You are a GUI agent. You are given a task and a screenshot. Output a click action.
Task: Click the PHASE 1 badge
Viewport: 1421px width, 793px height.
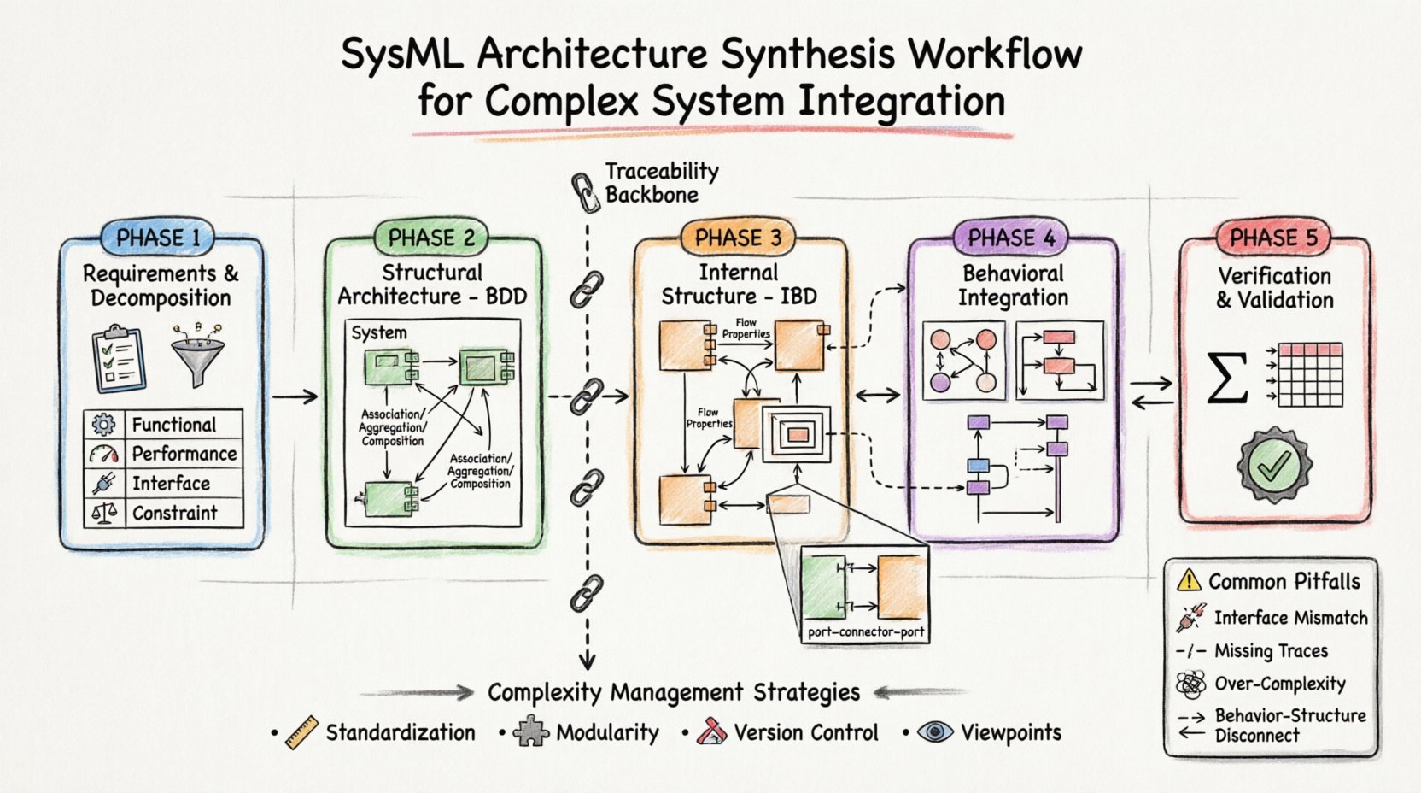click(x=159, y=238)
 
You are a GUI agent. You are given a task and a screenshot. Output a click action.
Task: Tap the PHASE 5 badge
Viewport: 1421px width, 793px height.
click(x=1273, y=238)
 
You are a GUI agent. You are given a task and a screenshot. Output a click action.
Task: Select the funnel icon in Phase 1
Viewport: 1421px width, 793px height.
click(x=197, y=355)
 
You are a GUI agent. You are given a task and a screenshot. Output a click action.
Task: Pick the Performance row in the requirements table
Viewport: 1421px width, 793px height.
click(x=184, y=454)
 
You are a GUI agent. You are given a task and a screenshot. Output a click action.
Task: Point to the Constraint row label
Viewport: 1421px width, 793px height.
click(x=174, y=513)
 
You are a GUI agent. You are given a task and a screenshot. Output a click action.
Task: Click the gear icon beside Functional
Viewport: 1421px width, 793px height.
click(x=104, y=425)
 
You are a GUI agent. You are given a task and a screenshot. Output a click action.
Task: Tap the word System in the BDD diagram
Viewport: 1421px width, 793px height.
click(x=379, y=332)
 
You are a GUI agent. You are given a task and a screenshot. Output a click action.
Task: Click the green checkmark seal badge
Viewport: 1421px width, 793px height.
click(x=1274, y=466)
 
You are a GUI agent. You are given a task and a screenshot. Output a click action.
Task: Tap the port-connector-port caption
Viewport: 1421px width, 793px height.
click(x=866, y=632)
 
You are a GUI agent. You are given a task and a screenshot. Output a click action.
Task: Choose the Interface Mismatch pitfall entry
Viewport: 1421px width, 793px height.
click(x=1290, y=618)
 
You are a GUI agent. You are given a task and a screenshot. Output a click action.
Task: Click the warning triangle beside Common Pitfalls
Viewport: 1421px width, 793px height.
click(x=1188, y=581)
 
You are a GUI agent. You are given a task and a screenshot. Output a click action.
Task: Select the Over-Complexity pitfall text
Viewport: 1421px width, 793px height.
click(x=1279, y=684)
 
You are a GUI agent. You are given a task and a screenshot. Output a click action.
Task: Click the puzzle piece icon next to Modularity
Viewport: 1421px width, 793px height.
click(x=530, y=732)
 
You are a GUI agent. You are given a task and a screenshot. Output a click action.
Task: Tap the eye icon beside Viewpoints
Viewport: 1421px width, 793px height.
click(x=935, y=732)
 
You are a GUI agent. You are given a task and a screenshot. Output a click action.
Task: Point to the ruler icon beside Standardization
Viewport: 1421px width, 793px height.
click(x=301, y=733)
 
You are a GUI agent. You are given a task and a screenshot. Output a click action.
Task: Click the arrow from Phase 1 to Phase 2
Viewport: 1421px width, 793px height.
click(x=295, y=396)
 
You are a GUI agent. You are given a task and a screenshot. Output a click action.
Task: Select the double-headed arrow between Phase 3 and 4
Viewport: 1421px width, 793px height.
click(x=878, y=395)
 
